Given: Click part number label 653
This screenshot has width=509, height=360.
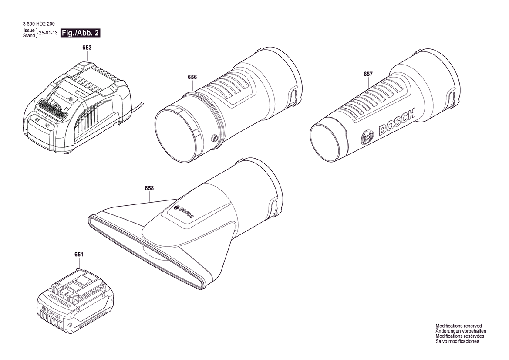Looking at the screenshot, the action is [x=87, y=48].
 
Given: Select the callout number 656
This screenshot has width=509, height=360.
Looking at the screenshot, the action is [x=192, y=77].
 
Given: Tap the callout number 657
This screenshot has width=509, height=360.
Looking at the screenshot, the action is [x=368, y=74].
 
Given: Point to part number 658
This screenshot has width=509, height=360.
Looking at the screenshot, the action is [x=149, y=188].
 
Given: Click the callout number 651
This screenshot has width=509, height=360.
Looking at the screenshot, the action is [x=78, y=255].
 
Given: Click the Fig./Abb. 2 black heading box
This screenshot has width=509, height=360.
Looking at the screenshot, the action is [x=81, y=33].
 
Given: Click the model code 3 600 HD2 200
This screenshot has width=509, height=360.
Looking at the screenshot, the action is [x=39, y=24].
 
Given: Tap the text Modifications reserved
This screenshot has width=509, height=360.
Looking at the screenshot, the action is [x=458, y=326].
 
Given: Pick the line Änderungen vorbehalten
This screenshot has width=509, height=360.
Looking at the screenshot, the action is [x=461, y=331].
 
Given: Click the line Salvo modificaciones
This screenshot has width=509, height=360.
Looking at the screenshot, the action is [x=457, y=342].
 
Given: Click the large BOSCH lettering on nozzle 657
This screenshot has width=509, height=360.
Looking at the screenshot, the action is [x=397, y=122].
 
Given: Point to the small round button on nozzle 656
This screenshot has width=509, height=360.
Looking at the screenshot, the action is [x=214, y=139].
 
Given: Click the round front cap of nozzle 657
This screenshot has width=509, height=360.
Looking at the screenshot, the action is [x=326, y=142].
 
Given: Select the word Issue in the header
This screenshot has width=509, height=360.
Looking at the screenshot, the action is [x=29, y=31].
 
